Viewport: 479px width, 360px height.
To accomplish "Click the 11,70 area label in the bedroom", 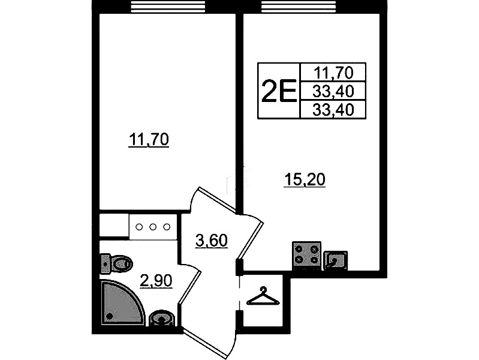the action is [149, 140].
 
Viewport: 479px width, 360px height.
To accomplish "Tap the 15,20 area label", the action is [305, 179].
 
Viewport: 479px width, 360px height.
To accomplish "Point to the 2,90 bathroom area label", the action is [156, 281].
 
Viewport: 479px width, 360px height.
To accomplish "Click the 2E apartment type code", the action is [279, 90].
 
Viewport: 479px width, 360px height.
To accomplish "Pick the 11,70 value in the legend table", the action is [333, 73].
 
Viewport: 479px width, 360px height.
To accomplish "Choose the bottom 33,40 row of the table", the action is [333, 109].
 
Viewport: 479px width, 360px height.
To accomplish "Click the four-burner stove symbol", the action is [307, 256].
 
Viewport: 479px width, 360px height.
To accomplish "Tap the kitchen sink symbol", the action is [336, 260].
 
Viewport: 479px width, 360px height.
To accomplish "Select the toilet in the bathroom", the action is [116, 263].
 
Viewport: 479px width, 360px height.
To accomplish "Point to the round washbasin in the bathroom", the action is [161, 319].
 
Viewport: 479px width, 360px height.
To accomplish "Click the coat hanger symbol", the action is [263, 296].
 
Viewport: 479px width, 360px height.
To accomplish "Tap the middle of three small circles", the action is [153, 227].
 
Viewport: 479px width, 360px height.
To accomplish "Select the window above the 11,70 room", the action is [168, 7].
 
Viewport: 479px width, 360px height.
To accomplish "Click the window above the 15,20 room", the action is [299, 7].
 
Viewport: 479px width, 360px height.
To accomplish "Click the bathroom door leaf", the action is [189, 287].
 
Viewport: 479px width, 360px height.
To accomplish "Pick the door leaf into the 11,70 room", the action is [216, 199].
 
